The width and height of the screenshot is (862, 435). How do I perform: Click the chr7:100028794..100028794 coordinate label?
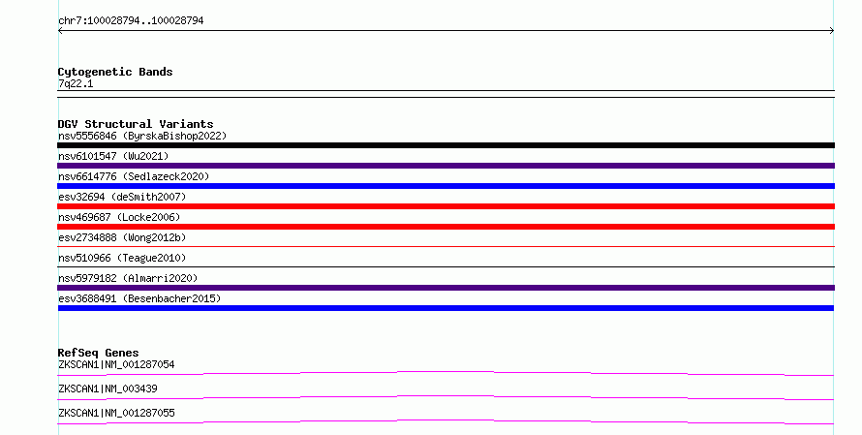pyautogui.click(x=131, y=21)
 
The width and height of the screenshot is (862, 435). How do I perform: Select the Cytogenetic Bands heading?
pyautogui.click(x=115, y=72)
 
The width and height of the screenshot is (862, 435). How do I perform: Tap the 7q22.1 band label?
pyautogui.click(x=76, y=83)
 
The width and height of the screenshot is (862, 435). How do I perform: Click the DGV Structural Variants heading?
pyautogui.click(x=136, y=124)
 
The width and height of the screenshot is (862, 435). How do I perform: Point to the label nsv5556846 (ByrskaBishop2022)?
pyautogui.click(x=142, y=136)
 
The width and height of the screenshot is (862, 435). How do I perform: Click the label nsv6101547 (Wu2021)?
pyautogui.click(x=113, y=156)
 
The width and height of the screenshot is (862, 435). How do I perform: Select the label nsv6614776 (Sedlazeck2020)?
pyautogui.click(x=134, y=176)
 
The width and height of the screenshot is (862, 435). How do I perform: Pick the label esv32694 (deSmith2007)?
pyautogui.click(x=122, y=197)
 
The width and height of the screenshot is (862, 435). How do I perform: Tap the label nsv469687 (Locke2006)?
pyautogui.click(x=119, y=217)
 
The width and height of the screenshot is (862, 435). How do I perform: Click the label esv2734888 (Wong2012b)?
pyautogui.click(x=122, y=237)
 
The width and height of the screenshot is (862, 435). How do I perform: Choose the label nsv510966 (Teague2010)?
pyautogui.click(x=122, y=258)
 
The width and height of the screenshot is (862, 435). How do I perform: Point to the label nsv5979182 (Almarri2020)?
pyautogui.click(x=128, y=278)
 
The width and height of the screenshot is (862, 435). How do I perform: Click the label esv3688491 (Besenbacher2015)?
pyautogui.click(x=139, y=298)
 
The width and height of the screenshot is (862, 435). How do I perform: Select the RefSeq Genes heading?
pyautogui.click(x=98, y=353)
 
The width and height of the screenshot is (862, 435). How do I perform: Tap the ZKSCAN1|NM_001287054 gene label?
pyautogui.click(x=116, y=364)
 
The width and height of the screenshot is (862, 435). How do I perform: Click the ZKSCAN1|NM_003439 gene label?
pyautogui.click(x=108, y=388)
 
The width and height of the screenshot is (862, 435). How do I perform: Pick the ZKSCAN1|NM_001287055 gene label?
pyautogui.click(x=116, y=413)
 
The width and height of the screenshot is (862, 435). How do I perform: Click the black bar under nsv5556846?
pyautogui.click(x=446, y=145)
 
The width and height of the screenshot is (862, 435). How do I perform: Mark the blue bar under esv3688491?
pyautogui.click(x=446, y=308)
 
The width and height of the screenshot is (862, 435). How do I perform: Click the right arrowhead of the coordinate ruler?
pyautogui.click(x=832, y=31)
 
